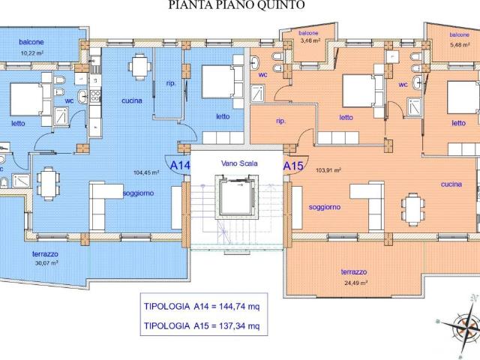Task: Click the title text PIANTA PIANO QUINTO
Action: pos(236,5)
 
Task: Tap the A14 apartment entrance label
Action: pos(180,166)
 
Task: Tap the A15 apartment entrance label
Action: pos(293,166)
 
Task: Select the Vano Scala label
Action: pos(239,163)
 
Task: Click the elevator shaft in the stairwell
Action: pos(237,197)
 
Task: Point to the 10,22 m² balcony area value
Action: pos(31,53)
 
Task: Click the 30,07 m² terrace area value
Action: pos(46,262)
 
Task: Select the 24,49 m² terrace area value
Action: pos(355,283)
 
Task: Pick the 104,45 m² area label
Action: pos(146,172)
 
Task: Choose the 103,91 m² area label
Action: pos(328,170)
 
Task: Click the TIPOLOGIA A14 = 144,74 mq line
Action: pos(202,307)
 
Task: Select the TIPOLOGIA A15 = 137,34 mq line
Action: pos(202,326)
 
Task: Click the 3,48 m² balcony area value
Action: pos(310,40)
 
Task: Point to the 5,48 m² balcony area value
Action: pos(460,45)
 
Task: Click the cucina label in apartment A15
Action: pos(451,184)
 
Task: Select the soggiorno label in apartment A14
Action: pos(138,193)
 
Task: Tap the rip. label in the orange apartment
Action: pos(281,121)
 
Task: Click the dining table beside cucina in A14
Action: pos(140,67)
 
